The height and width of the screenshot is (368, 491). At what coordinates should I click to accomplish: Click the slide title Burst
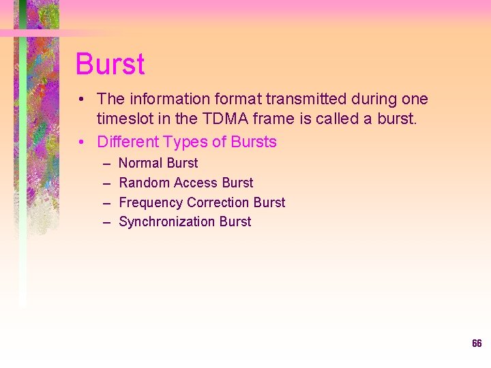(110, 64)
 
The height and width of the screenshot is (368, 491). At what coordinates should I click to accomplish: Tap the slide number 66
(477, 343)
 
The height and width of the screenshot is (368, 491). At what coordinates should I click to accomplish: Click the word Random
(144, 183)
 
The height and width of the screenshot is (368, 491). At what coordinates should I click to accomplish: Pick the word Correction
(218, 202)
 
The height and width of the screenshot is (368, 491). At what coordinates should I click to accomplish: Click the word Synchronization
(166, 221)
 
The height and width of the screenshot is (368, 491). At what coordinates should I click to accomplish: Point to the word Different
(128, 142)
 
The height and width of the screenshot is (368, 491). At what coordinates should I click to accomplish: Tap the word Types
(188, 142)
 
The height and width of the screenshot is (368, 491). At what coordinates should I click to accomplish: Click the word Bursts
(254, 142)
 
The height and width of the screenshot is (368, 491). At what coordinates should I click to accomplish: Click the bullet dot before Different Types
(82, 142)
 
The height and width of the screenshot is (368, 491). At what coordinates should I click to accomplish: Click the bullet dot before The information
(82, 99)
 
